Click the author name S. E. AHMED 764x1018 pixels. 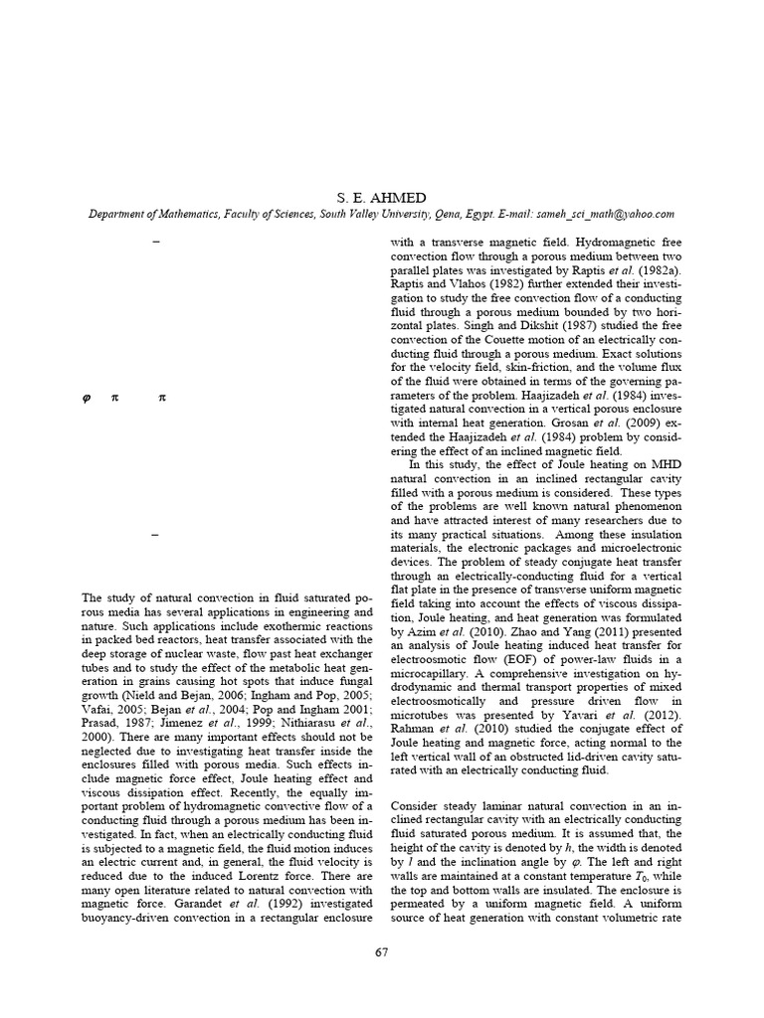[x=382, y=196]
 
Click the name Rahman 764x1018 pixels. [x=415, y=728]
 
